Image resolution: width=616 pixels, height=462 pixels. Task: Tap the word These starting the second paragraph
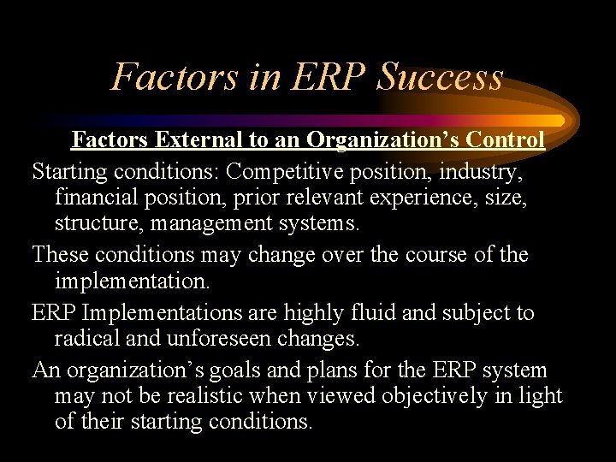pos(61,255)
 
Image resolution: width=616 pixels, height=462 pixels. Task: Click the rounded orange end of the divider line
pos(558,121)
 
